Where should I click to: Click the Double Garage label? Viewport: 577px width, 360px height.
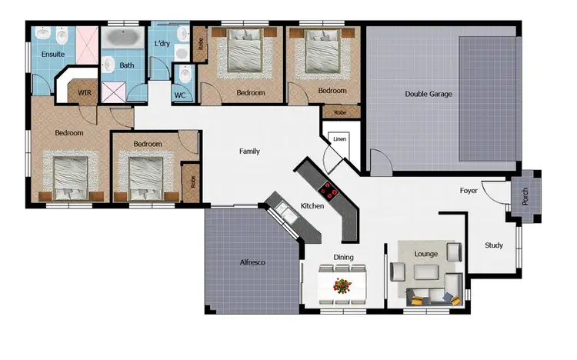click(429, 95)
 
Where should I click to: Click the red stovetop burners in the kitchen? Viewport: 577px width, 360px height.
click(329, 189)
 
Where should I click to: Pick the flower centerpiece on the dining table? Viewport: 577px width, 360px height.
click(342, 285)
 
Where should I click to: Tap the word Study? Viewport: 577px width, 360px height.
click(493, 245)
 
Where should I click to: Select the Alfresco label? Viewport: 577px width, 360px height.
click(252, 263)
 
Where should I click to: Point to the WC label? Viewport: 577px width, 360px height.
click(180, 95)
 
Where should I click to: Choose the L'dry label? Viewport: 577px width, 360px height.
click(162, 45)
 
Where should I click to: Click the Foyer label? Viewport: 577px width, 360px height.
click(469, 190)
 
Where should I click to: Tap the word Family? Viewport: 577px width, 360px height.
click(249, 152)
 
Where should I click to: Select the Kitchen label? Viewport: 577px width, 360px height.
click(312, 206)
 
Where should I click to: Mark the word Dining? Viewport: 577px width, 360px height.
click(343, 258)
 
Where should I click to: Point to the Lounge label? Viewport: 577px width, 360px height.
click(425, 253)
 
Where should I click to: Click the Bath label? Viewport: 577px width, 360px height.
click(126, 65)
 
